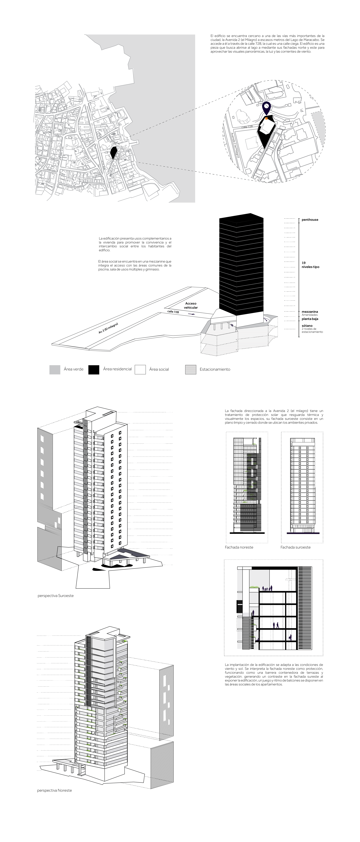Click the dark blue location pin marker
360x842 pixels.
[267, 107]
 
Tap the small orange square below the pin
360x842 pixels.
[267, 118]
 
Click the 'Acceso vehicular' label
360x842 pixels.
[191, 305]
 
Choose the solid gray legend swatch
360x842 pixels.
[55, 370]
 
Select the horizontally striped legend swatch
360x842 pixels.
[191, 370]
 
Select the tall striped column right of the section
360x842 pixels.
[305, 608]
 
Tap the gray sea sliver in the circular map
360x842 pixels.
[319, 128]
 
